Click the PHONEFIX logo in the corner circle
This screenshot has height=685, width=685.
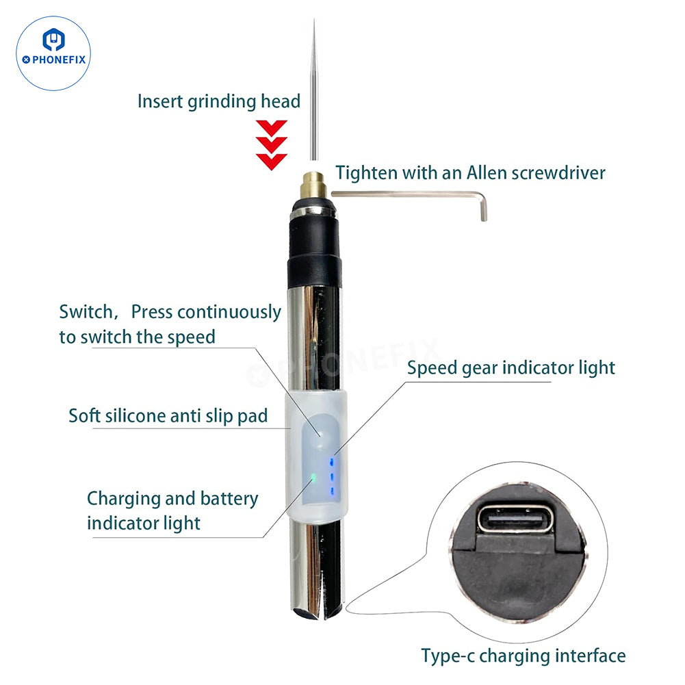(x=53, y=53)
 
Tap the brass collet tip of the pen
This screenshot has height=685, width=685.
(x=313, y=185)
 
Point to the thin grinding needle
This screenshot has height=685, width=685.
(x=313, y=90)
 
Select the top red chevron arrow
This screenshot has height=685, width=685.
(x=271, y=127)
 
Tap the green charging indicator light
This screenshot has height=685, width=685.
(x=313, y=477)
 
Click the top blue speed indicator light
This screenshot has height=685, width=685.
(x=332, y=461)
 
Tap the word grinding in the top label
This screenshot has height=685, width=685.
(x=222, y=102)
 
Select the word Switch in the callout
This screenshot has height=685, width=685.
(x=86, y=312)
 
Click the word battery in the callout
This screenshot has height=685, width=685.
(x=229, y=499)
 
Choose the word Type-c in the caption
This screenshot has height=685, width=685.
(x=448, y=656)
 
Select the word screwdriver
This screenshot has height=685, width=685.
(x=558, y=172)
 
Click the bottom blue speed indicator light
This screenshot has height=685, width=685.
(x=332, y=491)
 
